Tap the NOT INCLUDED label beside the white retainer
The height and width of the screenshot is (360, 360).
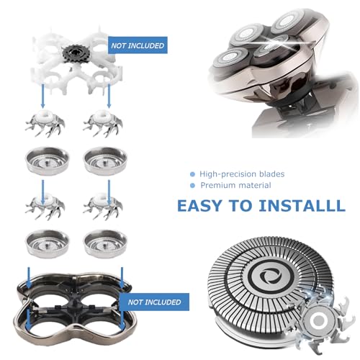pos(137,46)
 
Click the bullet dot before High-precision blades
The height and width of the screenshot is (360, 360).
pos(192,174)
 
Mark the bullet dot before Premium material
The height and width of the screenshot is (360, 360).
pos(192,186)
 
